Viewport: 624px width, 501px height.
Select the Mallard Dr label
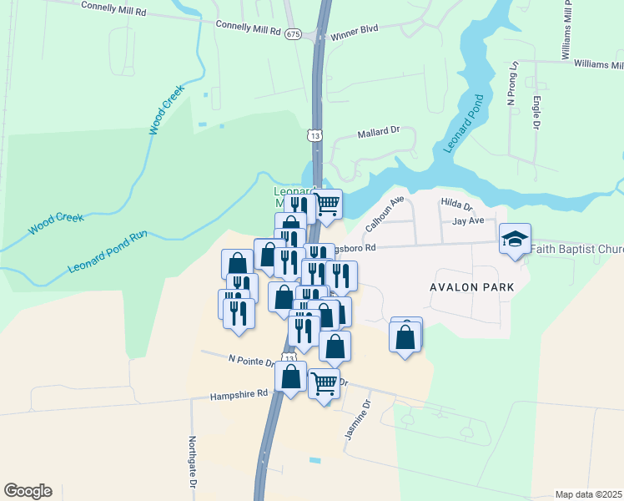pyautogui.click(x=380, y=132)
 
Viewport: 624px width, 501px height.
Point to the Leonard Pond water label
pyautogui.click(x=464, y=124)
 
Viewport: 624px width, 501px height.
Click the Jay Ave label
pyautogui.click(x=468, y=221)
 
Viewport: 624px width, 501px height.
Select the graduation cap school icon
pyautogui.click(x=515, y=240)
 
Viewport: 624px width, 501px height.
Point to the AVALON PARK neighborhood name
pyautogui.click(x=471, y=287)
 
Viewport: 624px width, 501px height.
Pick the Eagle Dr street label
pyautogui.click(x=536, y=114)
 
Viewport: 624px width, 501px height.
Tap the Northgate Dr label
pyautogui.click(x=192, y=462)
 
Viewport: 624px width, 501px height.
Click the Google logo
pyautogui.click(x=28, y=491)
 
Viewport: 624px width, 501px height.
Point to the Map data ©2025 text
pyautogui.click(x=588, y=494)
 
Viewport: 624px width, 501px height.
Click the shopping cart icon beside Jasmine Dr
pyautogui.click(x=324, y=384)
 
